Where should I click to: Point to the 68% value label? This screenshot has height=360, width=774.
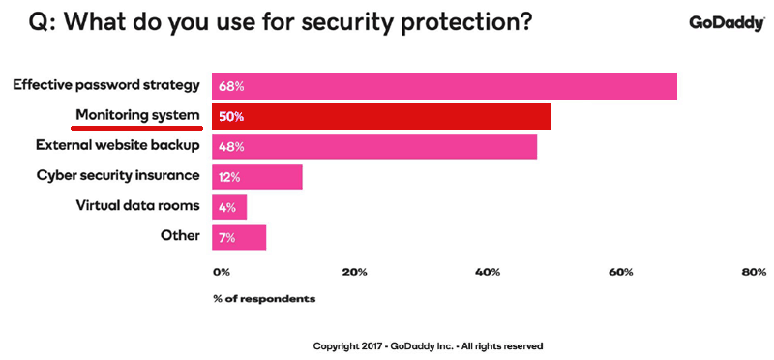pos(231,86)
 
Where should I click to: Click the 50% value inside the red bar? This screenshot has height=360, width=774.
pos(231,117)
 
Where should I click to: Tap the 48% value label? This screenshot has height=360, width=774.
pos(231,147)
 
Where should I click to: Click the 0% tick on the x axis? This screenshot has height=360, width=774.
pos(222,272)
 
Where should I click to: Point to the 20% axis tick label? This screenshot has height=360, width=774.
pos(355,272)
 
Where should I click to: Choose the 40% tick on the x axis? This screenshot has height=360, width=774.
pos(488,272)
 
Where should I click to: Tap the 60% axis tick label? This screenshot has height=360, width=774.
pos(620,272)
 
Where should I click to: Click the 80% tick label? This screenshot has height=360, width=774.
pos(753,272)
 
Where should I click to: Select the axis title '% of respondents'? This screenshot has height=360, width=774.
pos(264,298)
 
